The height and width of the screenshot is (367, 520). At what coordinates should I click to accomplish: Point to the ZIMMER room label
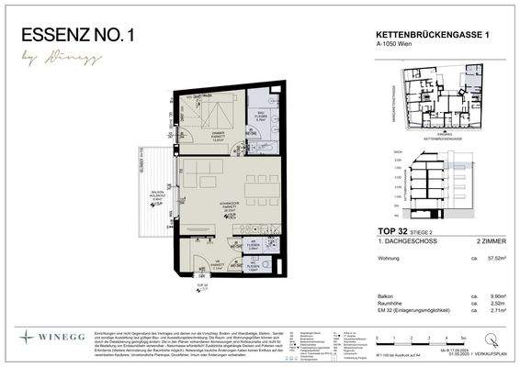coord(218,133)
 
